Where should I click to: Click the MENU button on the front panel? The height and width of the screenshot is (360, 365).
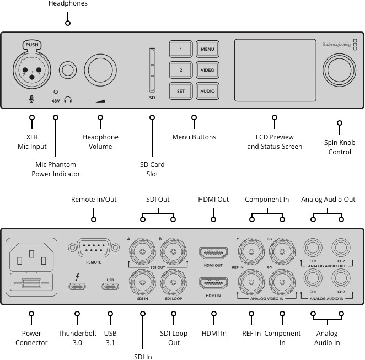pos(207,49)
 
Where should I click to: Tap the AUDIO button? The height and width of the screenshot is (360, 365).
pos(207,91)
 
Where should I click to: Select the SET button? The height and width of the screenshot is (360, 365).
pos(181,91)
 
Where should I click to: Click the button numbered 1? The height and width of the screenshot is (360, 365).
pos(181,49)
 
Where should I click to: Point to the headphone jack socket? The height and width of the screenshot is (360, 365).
pos(68,70)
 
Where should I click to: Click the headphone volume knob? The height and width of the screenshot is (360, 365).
pos(100,70)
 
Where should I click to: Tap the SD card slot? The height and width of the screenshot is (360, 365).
pos(152,70)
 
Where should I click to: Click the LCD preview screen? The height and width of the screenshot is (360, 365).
pos(275,70)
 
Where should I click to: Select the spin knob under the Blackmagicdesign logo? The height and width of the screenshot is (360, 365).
pos(340,70)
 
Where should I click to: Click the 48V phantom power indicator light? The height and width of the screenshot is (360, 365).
pos(56,92)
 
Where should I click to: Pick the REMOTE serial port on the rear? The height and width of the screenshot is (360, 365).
pos(94,248)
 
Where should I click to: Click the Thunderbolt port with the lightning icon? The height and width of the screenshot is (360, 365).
pos(77,286)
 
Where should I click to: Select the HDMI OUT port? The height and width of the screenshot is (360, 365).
pos(213,253)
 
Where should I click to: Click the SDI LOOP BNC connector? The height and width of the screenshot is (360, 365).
pos(173,282)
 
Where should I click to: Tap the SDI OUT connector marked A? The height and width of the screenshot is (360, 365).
pos(142,251)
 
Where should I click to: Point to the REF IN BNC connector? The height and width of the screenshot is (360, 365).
pos(251,282)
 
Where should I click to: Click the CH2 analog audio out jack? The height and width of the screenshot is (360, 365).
pos(341,248)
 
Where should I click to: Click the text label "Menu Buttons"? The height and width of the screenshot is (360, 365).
pos(194,137)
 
